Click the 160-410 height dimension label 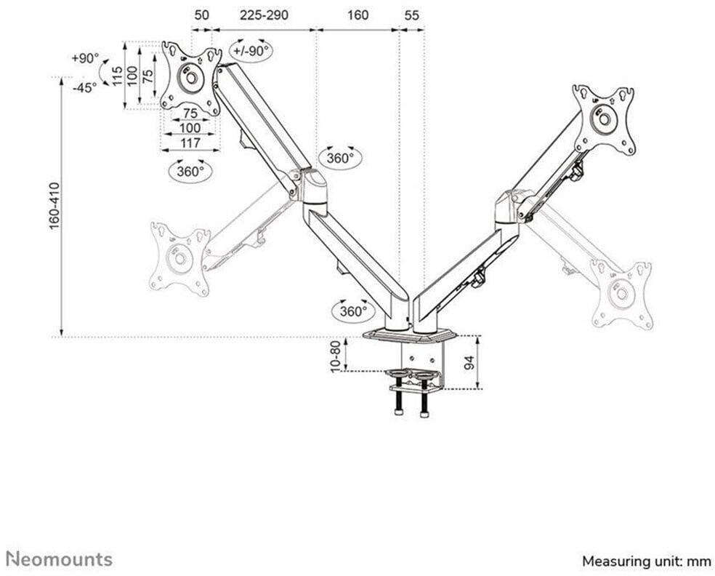[55, 207]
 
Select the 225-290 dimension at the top [264, 15]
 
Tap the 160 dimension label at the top [357, 15]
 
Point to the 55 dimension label [411, 15]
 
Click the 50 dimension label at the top [201, 15]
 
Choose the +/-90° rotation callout [250, 51]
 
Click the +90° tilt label [86, 58]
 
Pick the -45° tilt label [85, 87]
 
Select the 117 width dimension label [190, 143]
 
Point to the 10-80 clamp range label [335, 356]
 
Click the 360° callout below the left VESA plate [190, 172]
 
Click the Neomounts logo [60, 559]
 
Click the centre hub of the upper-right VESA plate [603, 119]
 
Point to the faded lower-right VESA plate [621, 294]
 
